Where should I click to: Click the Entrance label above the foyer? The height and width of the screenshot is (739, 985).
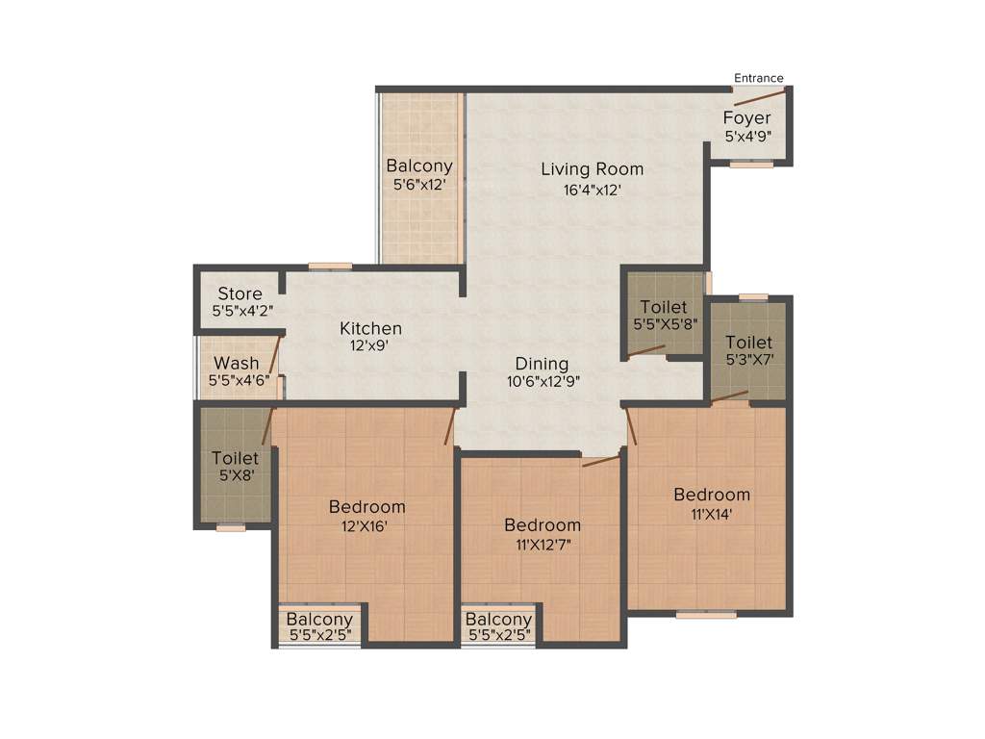click(758, 78)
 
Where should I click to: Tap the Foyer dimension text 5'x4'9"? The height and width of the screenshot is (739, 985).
click(747, 137)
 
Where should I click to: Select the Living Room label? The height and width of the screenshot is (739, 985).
click(592, 169)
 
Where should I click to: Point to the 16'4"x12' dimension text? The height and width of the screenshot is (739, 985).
click(592, 190)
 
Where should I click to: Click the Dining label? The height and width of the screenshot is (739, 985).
click(542, 364)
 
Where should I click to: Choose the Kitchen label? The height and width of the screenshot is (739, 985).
click(370, 329)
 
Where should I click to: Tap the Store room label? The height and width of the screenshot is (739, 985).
click(240, 293)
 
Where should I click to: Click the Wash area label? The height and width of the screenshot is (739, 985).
click(236, 363)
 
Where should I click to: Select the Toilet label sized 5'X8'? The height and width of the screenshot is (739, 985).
click(235, 458)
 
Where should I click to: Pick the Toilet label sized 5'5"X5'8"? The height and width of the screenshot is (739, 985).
click(664, 307)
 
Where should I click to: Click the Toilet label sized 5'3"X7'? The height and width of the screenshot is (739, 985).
click(748, 342)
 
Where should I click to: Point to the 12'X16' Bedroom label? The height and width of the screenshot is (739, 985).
click(366, 506)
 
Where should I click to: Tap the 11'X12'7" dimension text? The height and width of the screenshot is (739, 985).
click(543, 545)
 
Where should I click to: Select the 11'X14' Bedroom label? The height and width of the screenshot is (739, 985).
click(711, 495)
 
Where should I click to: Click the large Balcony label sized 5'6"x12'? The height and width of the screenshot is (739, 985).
click(419, 166)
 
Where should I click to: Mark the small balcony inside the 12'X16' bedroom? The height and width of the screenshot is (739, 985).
click(318, 626)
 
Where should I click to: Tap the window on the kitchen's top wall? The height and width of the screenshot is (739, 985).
click(330, 267)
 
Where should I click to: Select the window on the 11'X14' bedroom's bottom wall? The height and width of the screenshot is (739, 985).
click(705, 614)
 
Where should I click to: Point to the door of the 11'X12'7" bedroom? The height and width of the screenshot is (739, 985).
click(600, 463)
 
